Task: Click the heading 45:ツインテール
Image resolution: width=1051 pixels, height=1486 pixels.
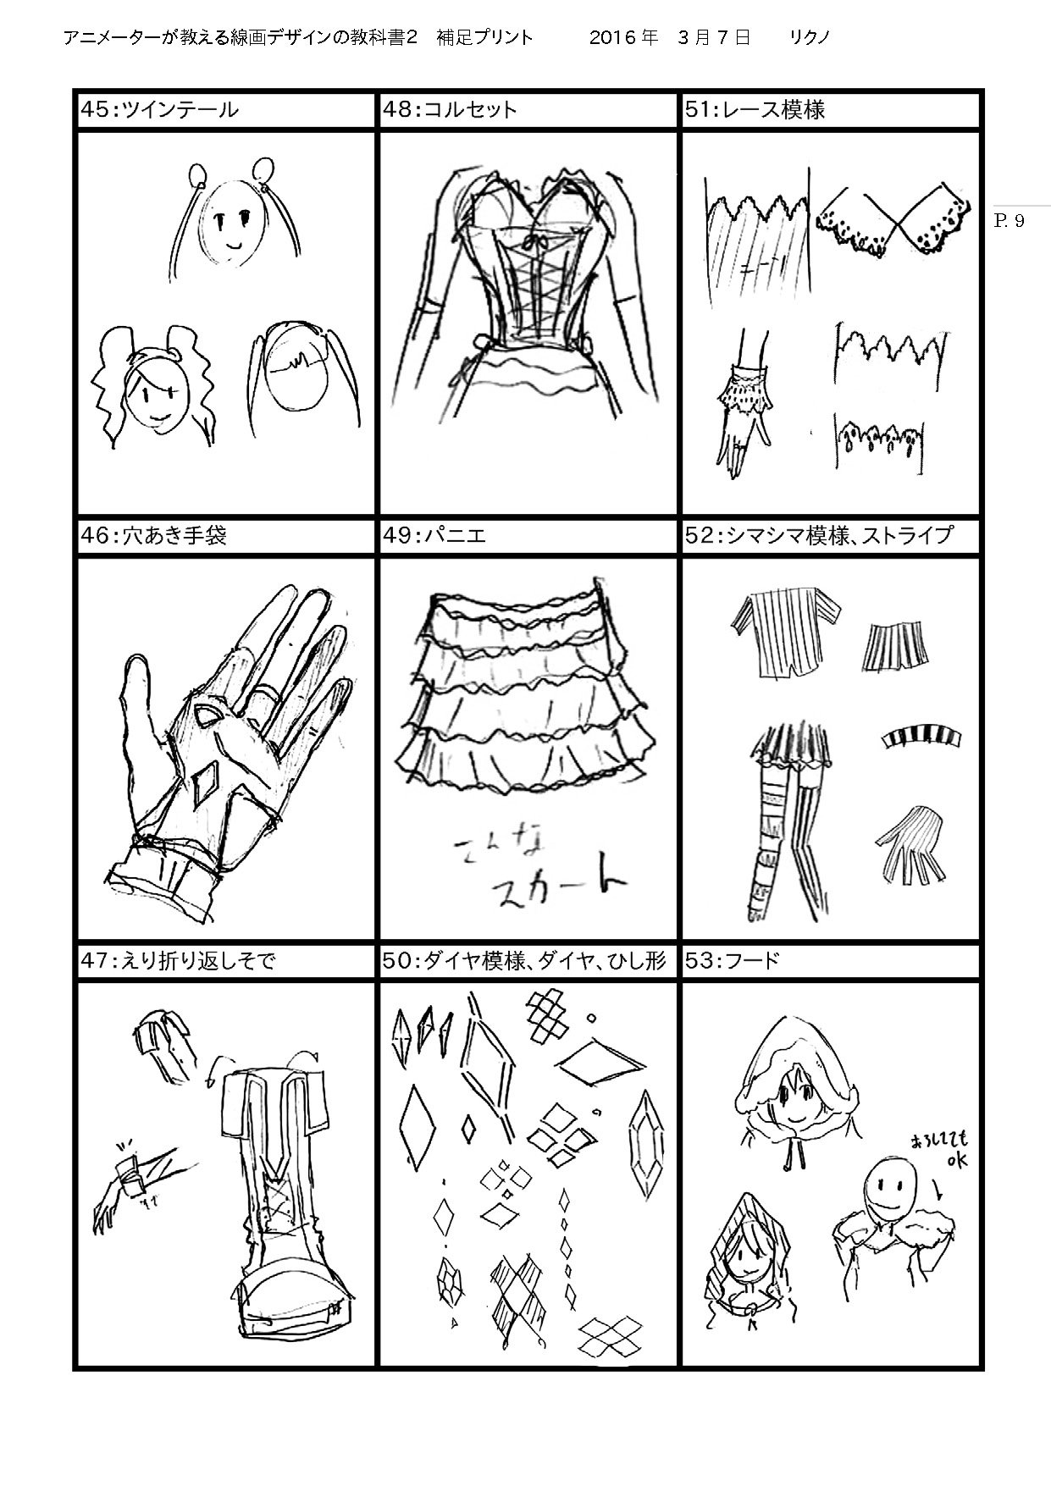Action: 159,110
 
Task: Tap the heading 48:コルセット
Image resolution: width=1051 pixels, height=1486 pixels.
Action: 449,110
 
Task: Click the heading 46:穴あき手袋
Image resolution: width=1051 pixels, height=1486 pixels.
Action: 152,535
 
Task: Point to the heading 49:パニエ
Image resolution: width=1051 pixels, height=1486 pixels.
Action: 434,535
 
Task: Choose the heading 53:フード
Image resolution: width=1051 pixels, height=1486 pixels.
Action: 733,961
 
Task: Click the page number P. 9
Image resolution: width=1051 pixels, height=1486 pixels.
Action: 1008,221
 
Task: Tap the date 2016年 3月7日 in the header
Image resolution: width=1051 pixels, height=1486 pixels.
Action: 669,38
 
